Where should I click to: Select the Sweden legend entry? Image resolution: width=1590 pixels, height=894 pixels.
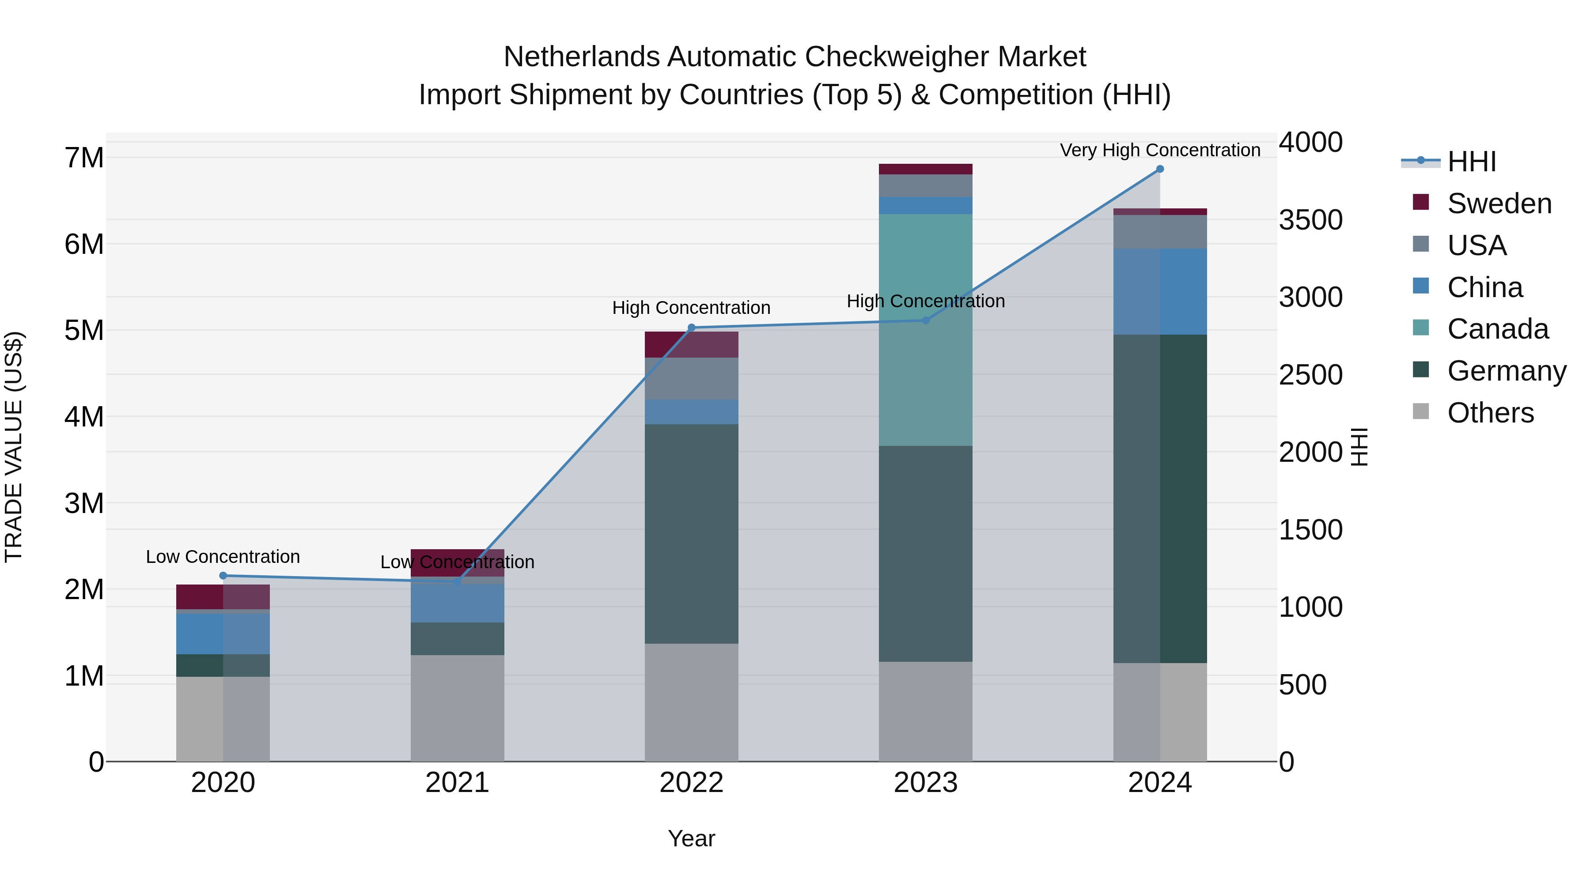pyautogui.click(x=1499, y=204)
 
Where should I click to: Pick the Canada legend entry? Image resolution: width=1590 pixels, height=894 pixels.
pyautogui.click(x=1497, y=329)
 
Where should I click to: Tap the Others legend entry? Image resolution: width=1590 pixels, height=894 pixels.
pyautogui.click(x=1490, y=413)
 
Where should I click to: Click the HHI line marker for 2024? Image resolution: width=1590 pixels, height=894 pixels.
pyautogui.click(x=1160, y=169)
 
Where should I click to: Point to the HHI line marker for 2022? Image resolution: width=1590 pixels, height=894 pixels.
pyautogui.click(x=691, y=328)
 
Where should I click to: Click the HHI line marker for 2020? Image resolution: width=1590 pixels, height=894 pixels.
pyautogui.click(x=223, y=576)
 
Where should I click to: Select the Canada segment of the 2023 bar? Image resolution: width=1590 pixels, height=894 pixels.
pyautogui.click(x=925, y=330)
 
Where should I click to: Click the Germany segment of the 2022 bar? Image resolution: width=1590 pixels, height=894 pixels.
pyautogui.click(x=691, y=534)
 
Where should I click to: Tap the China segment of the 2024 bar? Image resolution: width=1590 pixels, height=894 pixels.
pyautogui.click(x=1160, y=292)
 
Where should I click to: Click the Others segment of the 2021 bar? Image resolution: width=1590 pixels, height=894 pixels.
pyautogui.click(x=458, y=708)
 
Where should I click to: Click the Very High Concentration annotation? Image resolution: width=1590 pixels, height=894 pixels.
pyautogui.click(x=1160, y=150)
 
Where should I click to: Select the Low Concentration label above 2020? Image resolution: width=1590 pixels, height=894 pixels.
pyautogui.click(x=223, y=557)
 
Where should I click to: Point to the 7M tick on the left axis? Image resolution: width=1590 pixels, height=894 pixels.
pyautogui.click(x=84, y=158)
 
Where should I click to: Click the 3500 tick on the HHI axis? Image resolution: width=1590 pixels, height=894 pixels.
pyautogui.click(x=1310, y=220)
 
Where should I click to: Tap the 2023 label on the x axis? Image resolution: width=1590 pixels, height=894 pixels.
pyautogui.click(x=925, y=783)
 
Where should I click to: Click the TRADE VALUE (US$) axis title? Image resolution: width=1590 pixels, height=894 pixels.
pyautogui.click(x=14, y=447)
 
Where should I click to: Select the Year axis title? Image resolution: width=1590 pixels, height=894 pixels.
pyautogui.click(x=691, y=838)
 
